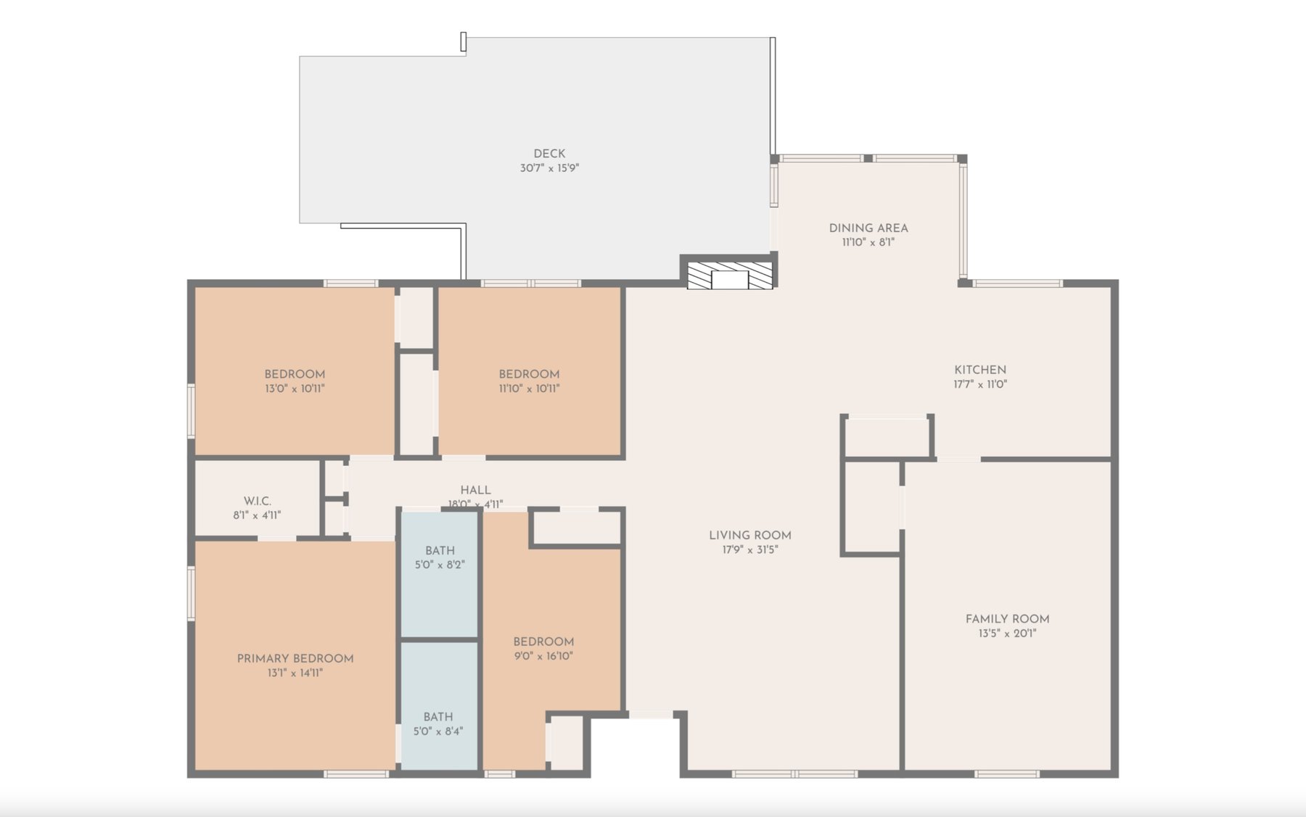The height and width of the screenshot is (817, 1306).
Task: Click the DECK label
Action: coord(549,154)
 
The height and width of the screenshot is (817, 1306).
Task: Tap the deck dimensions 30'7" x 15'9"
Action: coord(549,168)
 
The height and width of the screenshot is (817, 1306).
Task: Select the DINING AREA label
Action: coord(868,228)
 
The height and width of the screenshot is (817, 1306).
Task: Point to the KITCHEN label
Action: coord(980,370)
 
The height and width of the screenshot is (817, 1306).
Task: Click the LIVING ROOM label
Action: coord(750,536)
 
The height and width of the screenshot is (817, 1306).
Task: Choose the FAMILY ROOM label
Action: coord(1007,619)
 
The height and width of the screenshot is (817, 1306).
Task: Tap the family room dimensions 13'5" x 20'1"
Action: coord(1007,634)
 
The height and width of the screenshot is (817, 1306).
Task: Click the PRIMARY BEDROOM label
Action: coord(295,659)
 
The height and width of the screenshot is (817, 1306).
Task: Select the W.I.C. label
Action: coord(258,501)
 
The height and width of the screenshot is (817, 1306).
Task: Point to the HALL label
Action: coord(475,490)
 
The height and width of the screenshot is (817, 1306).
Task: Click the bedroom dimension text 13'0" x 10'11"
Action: coord(295,389)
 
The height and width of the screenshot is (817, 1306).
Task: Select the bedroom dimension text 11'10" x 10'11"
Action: coord(529,389)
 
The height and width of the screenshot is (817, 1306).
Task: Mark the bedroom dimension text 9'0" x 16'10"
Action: coord(543,656)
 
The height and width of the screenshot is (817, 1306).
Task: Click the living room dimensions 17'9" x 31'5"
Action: coord(750,550)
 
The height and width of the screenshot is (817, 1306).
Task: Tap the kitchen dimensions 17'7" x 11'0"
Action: coord(980,385)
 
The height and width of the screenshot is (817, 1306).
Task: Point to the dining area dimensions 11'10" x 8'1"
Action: coord(868,243)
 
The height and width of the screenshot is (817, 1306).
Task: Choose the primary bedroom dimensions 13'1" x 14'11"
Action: coord(295,673)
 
